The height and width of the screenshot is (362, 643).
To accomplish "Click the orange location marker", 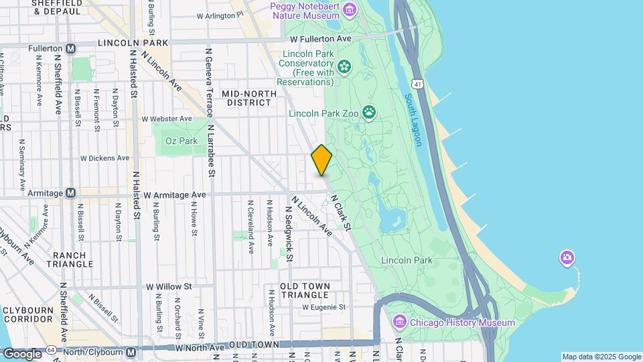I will tap(321, 160).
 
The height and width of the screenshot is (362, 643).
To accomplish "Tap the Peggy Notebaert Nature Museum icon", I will tap(349, 9).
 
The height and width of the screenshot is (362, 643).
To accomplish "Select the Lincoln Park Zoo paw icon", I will tap(369, 112).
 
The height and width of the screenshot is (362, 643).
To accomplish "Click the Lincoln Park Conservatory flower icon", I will tap(344, 66).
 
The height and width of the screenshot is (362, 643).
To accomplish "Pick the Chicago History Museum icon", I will tap(400, 322).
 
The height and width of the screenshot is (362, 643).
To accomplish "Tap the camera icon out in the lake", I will tap(567, 257).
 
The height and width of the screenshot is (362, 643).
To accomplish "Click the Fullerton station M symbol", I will tap(71, 48).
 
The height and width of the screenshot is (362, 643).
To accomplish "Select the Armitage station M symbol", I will tap(70, 193).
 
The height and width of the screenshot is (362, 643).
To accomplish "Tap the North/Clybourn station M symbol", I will tap(131, 351).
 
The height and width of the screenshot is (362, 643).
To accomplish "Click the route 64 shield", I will tap(51, 351).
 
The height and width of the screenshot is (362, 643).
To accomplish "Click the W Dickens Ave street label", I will tap(104, 158).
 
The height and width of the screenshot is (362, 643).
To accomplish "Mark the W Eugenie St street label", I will tap(324, 307).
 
